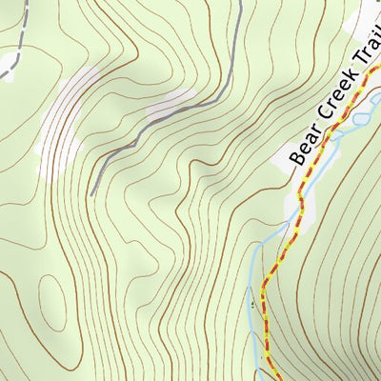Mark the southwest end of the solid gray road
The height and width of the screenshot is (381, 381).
click(92, 195)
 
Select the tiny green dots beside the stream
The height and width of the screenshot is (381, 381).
click(254, 303)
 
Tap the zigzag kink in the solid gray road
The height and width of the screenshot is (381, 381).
click(143, 133)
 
